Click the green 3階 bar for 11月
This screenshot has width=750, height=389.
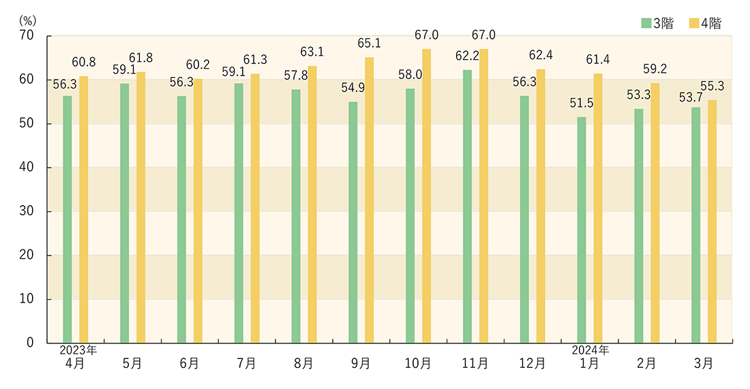[467, 206]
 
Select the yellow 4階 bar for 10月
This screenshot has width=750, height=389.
[426, 196]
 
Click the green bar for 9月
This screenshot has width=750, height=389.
[352, 222]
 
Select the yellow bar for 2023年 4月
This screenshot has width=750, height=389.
[84, 209]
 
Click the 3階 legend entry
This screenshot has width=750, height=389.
[657, 24]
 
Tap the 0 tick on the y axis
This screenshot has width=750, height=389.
[30, 343]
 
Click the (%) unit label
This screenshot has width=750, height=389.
[27, 19]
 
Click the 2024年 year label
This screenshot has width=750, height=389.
[590, 350]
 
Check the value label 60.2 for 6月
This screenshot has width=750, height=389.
[198, 64]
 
